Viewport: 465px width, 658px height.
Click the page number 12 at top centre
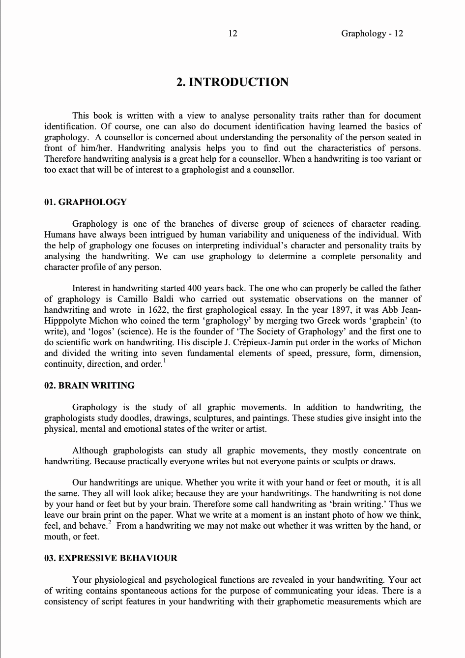(x=233, y=33)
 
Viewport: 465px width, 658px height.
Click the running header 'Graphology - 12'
(x=372, y=33)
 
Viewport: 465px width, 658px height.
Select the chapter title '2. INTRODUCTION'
(x=232, y=82)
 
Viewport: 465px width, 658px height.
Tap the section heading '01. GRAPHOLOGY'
(x=86, y=202)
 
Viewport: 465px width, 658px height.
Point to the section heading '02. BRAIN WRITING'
(x=89, y=386)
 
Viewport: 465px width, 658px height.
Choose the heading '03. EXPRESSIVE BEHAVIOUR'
(x=111, y=558)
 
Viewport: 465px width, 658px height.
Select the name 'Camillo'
(x=132, y=299)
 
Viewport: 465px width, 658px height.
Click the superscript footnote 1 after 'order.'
(x=165, y=361)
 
